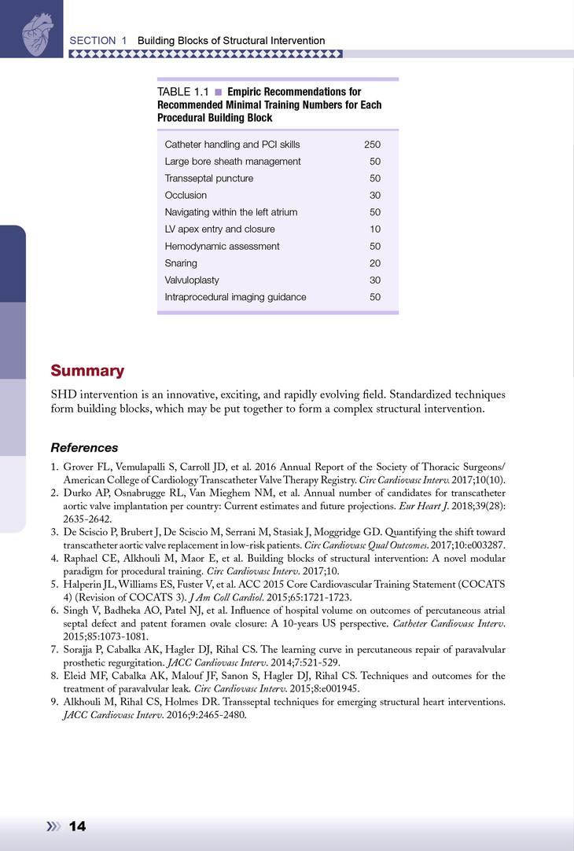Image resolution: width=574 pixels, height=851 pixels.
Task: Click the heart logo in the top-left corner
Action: click(x=34, y=30)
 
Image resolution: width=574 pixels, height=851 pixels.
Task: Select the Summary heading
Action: click(x=87, y=370)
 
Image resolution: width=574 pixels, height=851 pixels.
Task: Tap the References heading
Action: click(x=84, y=448)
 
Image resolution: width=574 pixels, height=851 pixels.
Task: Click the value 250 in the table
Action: click(x=372, y=145)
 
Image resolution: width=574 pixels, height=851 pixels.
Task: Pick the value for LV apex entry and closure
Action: click(x=375, y=229)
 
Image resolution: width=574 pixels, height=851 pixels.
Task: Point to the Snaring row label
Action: click(x=181, y=263)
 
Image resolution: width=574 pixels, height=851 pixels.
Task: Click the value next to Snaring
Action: click(x=375, y=263)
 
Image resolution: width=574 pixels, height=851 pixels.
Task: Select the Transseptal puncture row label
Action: click(x=208, y=178)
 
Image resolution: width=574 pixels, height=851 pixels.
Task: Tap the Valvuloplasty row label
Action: click(x=192, y=281)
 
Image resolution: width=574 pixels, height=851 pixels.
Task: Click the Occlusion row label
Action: click(x=186, y=195)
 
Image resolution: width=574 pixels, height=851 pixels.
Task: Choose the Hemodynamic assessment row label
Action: click(x=222, y=246)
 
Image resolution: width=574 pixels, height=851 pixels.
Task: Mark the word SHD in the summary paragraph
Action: click(x=64, y=394)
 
